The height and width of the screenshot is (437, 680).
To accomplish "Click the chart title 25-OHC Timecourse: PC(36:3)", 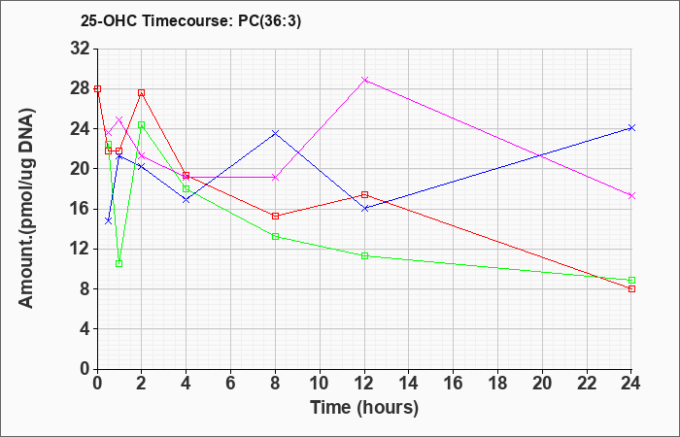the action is [x=190, y=21].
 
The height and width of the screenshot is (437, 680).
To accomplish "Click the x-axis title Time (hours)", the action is [x=364, y=408].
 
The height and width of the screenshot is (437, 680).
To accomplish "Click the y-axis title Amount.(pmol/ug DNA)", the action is [x=27, y=208].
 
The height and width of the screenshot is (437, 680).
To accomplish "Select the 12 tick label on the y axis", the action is [x=81, y=249].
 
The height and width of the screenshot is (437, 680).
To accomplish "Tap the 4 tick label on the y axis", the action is [x=85, y=329].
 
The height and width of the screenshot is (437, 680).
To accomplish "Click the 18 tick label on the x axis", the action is [x=497, y=384].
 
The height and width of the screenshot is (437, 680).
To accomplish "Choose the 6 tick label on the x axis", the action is [x=231, y=384].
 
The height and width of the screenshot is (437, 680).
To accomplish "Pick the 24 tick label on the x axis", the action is [x=630, y=384].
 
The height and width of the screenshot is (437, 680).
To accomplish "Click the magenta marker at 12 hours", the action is [x=364, y=81].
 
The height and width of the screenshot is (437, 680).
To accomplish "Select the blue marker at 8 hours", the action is [x=275, y=133].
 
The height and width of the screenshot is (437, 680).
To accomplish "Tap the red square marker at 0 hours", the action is [x=97, y=89].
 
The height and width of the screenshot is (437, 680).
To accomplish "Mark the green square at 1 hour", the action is [x=119, y=263].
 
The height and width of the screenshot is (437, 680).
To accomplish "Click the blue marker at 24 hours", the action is [x=631, y=128].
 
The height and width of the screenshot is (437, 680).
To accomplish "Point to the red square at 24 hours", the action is [x=631, y=288].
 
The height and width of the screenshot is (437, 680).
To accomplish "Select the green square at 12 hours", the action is [x=364, y=255].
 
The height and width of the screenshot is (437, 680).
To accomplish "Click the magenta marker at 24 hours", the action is [x=631, y=195].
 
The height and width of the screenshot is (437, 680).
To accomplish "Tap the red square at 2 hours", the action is [x=142, y=93].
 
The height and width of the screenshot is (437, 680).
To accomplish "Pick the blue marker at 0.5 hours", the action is [x=109, y=220].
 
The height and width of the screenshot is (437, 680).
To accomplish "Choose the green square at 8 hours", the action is [x=275, y=236].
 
